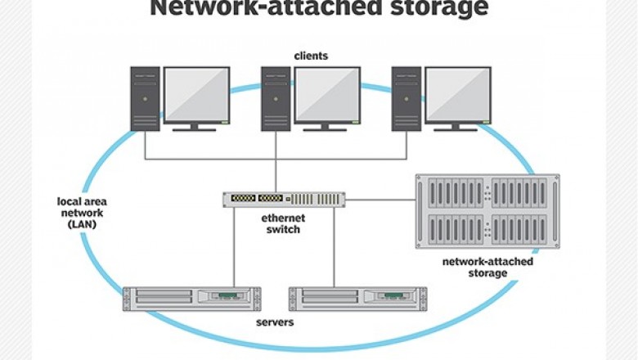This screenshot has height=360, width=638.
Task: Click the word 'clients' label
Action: click(x=311, y=56)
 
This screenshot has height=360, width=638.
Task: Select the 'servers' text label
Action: click(x=274, y=322)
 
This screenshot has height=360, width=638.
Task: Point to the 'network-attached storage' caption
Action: click(x=487, y=268)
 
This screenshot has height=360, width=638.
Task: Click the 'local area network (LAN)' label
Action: click(x=82, y=212)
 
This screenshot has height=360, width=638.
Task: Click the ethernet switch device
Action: click(x=284, y=199)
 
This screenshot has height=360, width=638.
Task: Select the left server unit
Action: click(x=191, y=299)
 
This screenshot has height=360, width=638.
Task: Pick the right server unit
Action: click(x=358, y=299)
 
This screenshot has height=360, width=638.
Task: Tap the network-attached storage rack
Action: click(x=487, y=211)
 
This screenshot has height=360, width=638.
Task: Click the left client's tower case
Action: click(x=145, y=98)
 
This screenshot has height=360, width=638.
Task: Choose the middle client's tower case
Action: click(x=276, y=98)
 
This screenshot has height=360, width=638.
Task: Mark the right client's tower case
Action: click(x=407, y=98)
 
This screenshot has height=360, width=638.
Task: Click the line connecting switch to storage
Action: click(x=380, y=199)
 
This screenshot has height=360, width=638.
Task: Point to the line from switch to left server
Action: click(x=235, y=245)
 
